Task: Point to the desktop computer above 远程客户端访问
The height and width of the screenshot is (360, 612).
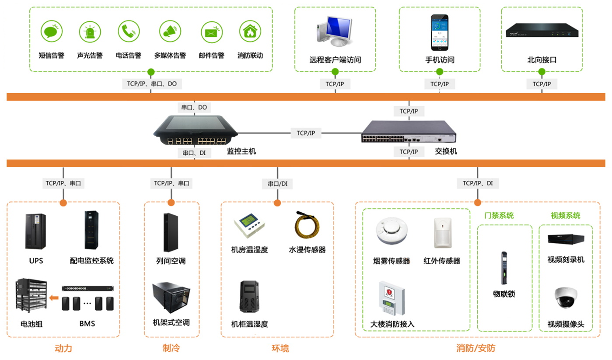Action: point(335,31)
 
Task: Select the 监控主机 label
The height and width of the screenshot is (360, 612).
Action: point(241,151)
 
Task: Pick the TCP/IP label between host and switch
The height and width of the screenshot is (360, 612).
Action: point(306,133)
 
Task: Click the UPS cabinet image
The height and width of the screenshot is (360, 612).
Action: point(36,231)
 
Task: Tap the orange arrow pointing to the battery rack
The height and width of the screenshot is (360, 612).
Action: point(54,298)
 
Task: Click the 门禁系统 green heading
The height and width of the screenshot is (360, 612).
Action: point(499,215)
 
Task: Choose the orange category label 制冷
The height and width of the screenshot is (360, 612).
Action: point(171,348)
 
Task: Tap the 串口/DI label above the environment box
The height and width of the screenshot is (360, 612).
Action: point(277,184)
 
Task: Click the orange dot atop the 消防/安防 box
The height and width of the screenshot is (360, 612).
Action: point(477,203)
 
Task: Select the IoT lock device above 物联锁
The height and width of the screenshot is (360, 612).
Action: point(504,267)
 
